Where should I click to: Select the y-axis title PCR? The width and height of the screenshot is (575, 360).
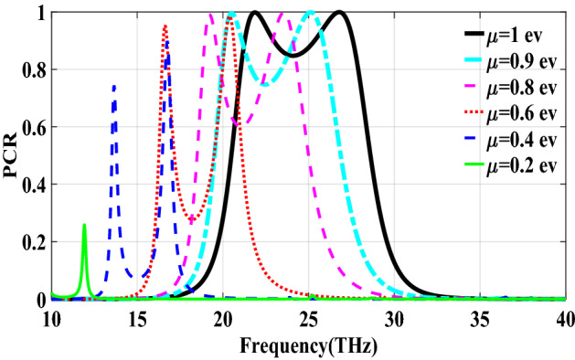13,156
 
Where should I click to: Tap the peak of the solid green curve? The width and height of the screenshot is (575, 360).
84,225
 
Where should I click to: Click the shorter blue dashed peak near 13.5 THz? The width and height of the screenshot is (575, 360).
113,86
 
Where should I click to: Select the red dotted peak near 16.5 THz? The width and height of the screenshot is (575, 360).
165,26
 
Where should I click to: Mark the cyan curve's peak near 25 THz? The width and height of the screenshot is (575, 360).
311,13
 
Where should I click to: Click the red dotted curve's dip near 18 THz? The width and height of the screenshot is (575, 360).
190,220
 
